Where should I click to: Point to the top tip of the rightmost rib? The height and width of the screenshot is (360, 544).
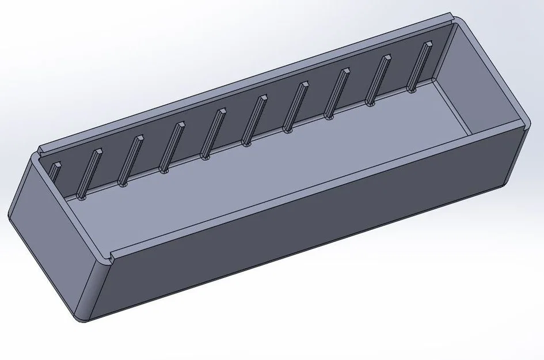pyautogui.click(x=428, y=43)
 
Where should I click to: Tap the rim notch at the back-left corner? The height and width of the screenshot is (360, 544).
pyautogui.click(x=40, y=151)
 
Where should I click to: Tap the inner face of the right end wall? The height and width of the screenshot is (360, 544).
pyautogui.click(x=484, y=81)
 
